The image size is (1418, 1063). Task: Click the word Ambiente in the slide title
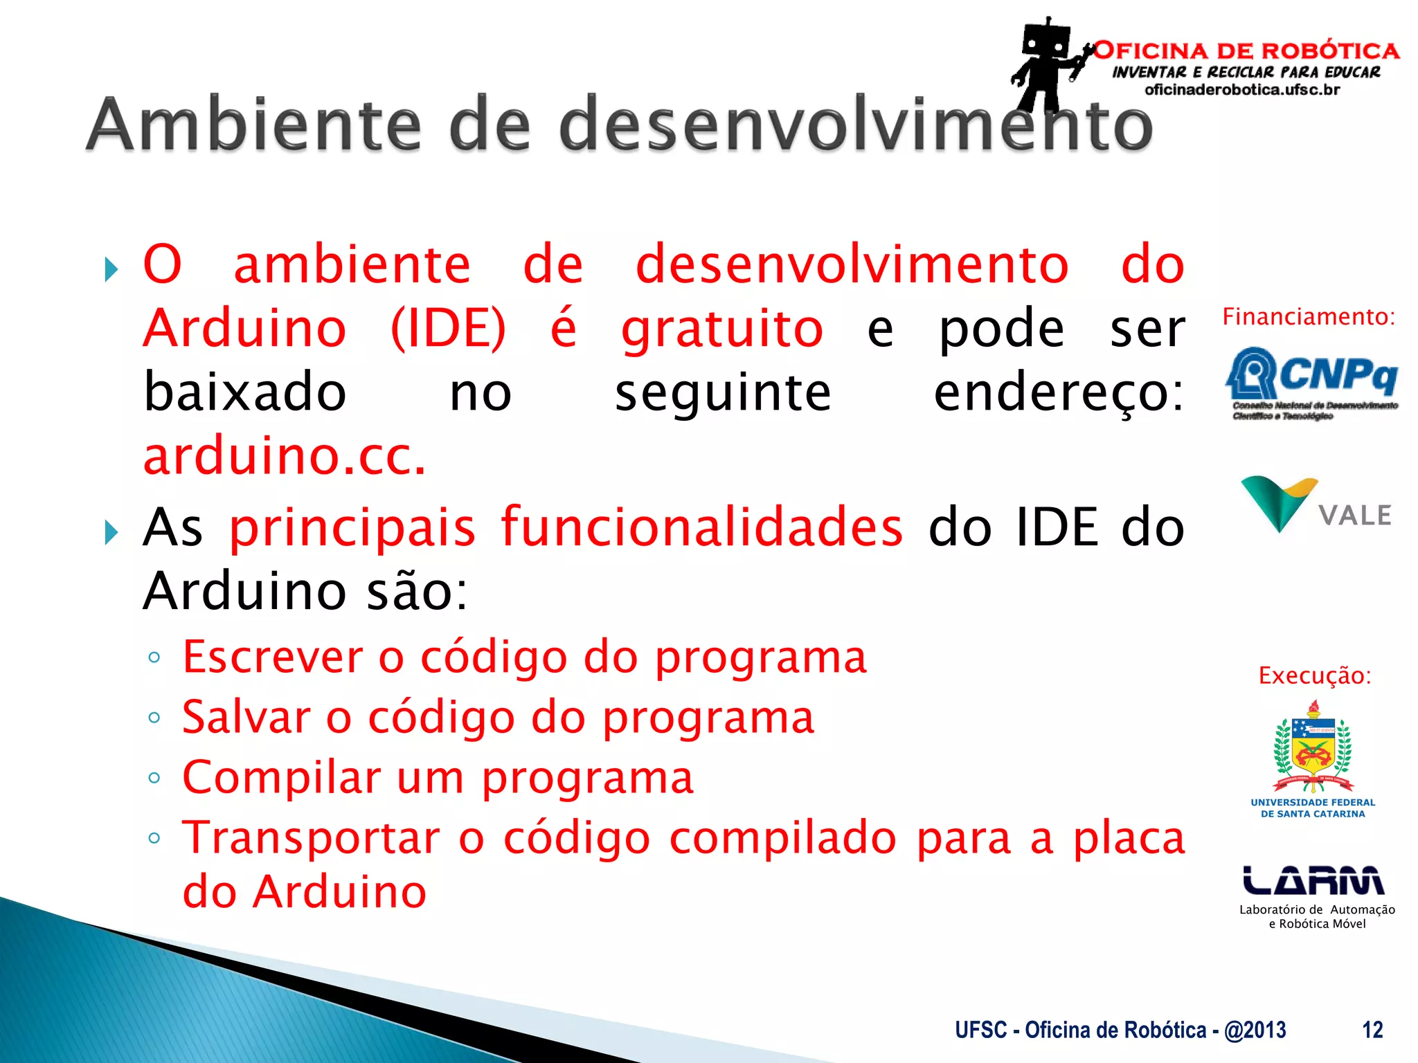click(x=253, y=125)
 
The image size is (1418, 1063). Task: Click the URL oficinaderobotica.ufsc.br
click(x=1242, y=90)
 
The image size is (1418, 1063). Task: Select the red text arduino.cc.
click(x=285, y=457)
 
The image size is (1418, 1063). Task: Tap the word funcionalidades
click(x=701, y=527)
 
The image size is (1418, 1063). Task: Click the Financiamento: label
click(x=1308, y=317)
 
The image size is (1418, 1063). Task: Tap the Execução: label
click(x=1314, y=675)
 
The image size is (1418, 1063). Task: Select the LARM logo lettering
click(x=1313, y=880)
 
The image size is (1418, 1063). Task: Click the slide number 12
click(x=1372, y=1030)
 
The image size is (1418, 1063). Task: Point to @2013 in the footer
click(x=1255, y=1030)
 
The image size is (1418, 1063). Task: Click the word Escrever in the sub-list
click(x=272, y=657)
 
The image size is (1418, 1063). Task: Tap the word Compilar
click(x=281, y=778)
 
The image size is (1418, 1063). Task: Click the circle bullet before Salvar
click(x=154, y=718)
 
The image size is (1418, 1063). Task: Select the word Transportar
click(x=311, y=838)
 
